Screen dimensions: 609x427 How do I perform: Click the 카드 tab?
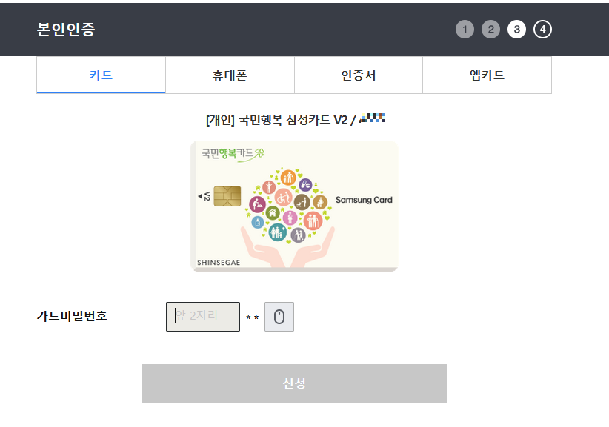click(x=101, y=75)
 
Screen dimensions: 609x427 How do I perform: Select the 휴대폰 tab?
click(x=230, y=75)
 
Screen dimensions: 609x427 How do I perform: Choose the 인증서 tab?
click(x=359, y=75)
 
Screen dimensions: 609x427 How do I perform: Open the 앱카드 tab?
click(x=487, y=75)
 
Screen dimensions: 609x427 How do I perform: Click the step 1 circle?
click(x=465, y=30)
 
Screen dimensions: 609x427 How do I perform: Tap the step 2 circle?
click(x=490, y=30)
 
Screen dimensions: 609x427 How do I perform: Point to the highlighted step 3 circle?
click(x=516, y=30)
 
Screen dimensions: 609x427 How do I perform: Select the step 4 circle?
click(x=542, y=30)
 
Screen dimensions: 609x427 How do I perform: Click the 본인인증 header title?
click(x=66, y=30)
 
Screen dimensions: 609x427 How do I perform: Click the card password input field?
click(x=203, y=316)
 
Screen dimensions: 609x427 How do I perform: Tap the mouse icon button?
click(x=279, y=317)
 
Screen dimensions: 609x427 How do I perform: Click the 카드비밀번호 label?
click(x=72, y=316)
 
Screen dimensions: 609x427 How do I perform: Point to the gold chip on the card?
click(x=227, y=196)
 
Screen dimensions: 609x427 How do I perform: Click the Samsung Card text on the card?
click(x=364, y=200)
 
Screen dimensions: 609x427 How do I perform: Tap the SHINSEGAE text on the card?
click(x=219, y=262)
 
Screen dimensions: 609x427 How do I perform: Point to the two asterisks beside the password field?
click(x=252, y=318)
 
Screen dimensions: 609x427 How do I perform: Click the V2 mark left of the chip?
click(x=204, y=197)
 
